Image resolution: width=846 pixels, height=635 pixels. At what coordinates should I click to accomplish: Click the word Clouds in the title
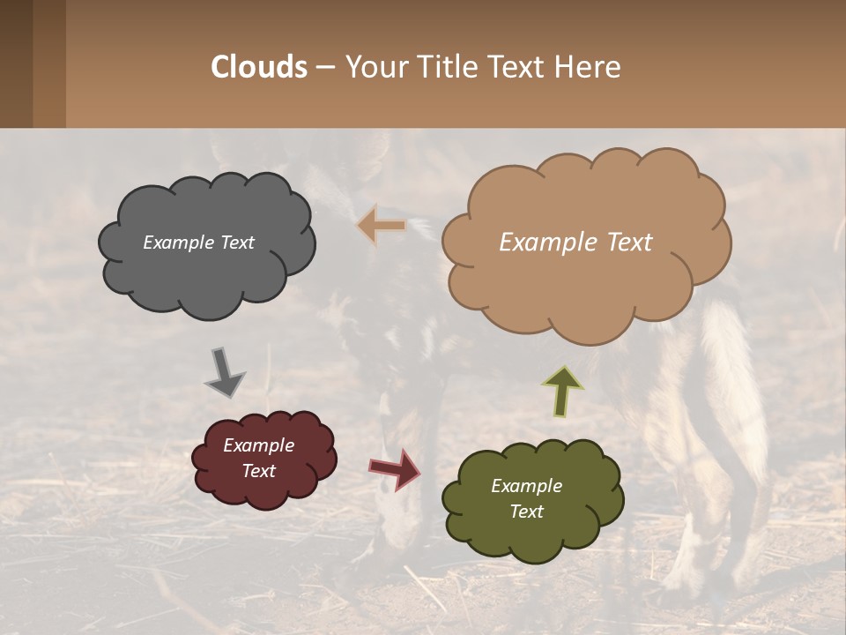(259, 66)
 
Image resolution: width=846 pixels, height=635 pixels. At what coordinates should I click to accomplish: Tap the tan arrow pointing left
(382, 226)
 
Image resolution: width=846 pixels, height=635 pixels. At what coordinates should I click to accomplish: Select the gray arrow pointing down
(224, 371)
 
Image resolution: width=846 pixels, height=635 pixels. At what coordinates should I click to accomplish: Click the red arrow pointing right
(395, 468)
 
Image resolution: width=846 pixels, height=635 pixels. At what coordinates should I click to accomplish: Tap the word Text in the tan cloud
(624, 243)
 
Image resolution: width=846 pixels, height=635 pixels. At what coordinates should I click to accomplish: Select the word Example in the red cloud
(258, 445)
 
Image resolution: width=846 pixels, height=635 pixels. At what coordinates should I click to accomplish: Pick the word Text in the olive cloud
(526, 512)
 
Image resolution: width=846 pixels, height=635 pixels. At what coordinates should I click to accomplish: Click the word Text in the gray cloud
(235, 243)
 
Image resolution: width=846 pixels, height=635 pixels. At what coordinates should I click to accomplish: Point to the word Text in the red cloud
(258, 471)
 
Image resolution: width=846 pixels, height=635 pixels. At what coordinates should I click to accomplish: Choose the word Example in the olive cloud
(526, 486)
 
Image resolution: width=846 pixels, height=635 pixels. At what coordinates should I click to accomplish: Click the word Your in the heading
(371, 66)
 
